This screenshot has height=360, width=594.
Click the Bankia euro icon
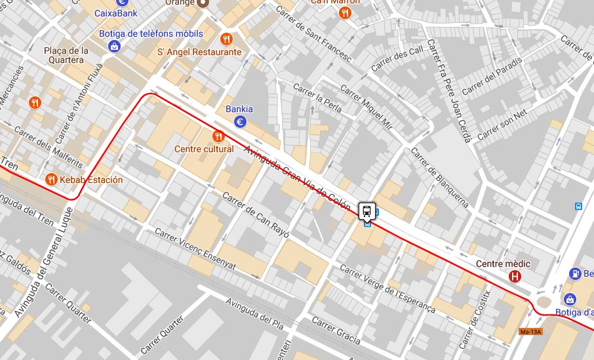tap(241, 121)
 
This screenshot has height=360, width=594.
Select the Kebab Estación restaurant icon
tap(51, 179)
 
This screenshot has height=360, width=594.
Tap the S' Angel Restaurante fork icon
tap(227, 39)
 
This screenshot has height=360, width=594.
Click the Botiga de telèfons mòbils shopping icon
tap(115, 46)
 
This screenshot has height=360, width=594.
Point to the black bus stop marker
tap(367, 211)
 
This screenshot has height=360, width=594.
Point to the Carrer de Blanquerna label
tap(440, 178)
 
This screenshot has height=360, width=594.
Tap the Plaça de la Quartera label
tap(66, 56)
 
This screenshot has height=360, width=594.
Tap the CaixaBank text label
tap(115, 12)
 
